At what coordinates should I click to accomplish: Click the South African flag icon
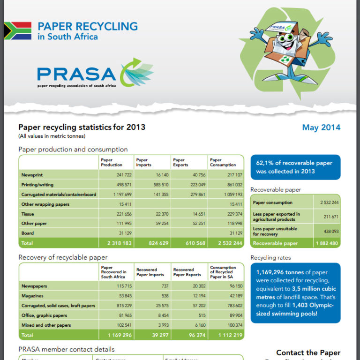coord(18,30)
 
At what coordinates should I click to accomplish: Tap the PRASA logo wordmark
coord(76,74)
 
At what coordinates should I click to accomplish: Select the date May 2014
coord(321,127)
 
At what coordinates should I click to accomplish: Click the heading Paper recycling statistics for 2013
coord(82,127)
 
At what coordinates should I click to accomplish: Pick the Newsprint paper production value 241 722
coord(121,174)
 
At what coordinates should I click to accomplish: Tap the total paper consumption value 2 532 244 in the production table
coord(230,243)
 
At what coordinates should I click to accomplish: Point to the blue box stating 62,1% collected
coord(295,167)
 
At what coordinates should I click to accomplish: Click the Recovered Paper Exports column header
coord(187,272)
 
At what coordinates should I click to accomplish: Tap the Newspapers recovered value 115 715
coord(121,286)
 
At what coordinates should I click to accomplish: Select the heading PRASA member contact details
coord(66,349)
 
